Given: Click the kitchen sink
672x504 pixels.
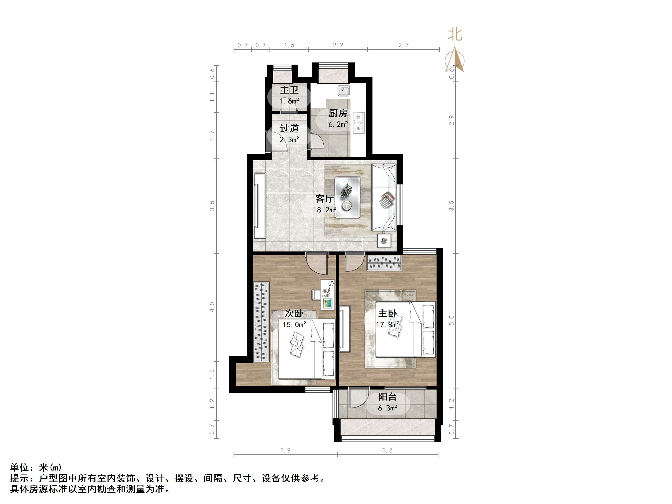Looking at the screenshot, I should click(344, 91).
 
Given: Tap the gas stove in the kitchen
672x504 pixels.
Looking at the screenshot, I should click(359, 123).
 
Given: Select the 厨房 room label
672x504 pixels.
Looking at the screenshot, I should click(338, 113).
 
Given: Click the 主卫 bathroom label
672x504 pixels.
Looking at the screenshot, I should click(289, 90).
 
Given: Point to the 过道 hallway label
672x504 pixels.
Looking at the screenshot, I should click(289, 128).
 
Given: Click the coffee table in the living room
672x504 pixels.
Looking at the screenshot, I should click(347, 198).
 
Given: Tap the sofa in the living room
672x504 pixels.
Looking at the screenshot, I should click(384, 198).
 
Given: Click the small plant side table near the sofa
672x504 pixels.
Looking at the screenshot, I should click(384, 241).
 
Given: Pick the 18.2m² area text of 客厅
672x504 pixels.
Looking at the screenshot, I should click(324, 210).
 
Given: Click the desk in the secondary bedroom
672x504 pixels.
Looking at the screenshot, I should click(327, 294).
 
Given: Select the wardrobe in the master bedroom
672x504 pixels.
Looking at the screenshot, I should click(384, 263).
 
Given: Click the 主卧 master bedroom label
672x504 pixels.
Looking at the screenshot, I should click(387, 313).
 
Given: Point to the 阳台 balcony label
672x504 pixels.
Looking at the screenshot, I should click(387, 397).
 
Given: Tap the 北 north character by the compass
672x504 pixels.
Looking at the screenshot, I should click(455, 35).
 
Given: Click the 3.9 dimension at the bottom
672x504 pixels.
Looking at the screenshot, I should click(285, 450).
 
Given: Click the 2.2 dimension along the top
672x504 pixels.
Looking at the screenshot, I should click(338, 45).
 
